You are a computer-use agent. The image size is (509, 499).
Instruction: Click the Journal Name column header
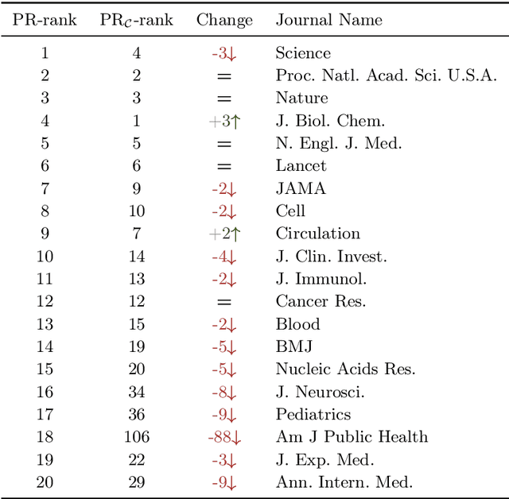click(328, 20)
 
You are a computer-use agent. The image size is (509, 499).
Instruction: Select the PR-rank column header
click(45, 20)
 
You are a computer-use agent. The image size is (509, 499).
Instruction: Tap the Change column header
click(224, 20)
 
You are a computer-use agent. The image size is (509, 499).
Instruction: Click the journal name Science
click(303, 53)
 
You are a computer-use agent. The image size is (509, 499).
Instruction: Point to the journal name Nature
click(301, 99)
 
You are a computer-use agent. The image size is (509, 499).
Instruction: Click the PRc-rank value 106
click(136, 437)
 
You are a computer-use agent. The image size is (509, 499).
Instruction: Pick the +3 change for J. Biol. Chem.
click(224, 122)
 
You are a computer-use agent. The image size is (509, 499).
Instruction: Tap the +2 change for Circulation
click(224, 234)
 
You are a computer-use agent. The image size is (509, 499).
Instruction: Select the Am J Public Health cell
click(352, 437)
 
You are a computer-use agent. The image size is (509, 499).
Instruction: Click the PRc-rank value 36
click(136, 415)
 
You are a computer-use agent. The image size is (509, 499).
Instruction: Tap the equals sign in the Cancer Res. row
click(224, 302)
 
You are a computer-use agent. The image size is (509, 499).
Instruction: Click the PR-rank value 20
click(45, 482)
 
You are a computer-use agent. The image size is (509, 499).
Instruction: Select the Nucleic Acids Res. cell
click(345, 369)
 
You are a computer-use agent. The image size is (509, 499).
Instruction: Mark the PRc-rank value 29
click(136, 482)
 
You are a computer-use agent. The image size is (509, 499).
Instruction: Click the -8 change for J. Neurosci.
click(224, 392)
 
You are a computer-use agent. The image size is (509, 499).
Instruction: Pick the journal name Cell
click(290, 211)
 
